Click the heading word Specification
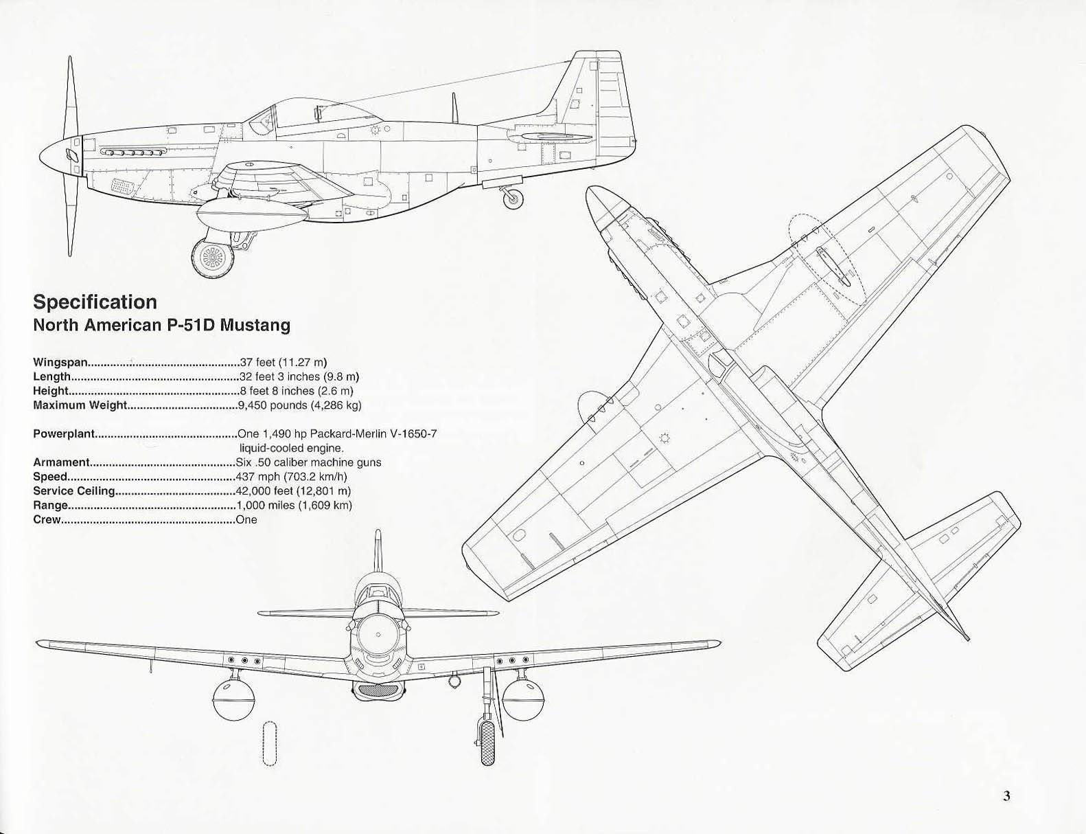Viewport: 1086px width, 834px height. [95, 302]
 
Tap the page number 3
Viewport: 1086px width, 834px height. [1006, 796]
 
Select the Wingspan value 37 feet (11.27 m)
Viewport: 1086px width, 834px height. [284, 362]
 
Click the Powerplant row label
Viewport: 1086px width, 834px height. [63, 434]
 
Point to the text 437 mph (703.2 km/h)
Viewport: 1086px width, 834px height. [291, 477]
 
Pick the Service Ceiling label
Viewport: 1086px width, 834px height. [74, 491]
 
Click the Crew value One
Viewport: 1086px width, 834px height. [246, 519]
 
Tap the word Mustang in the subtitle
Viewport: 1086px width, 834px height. [255, 326]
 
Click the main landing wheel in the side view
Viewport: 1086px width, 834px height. [213, 258]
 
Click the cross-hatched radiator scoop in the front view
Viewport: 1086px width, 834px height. [378, 691]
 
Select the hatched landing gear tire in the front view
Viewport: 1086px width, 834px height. [488, 743]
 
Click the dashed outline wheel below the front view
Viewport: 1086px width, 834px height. [270, 743]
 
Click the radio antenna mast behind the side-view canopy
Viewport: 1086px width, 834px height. [454, 107]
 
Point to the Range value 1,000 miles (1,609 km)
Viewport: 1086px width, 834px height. [294, 506]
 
